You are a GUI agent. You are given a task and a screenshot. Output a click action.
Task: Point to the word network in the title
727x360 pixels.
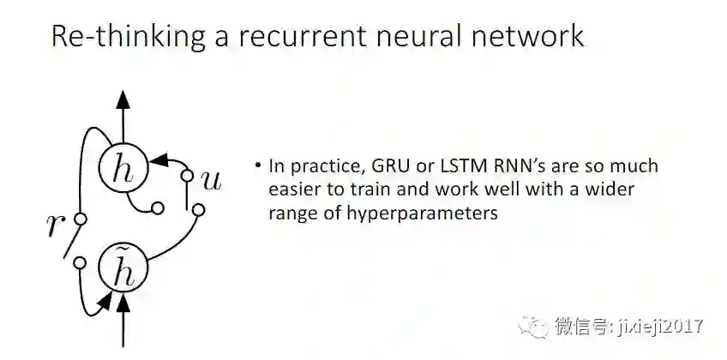coord(528,36)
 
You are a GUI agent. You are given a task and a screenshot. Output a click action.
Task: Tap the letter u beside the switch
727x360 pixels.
coord(210,178)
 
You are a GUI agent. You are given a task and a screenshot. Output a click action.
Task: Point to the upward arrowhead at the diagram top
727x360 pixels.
coord(124,98)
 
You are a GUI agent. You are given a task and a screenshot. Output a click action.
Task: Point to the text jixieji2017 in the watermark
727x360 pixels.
coord(656,327)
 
